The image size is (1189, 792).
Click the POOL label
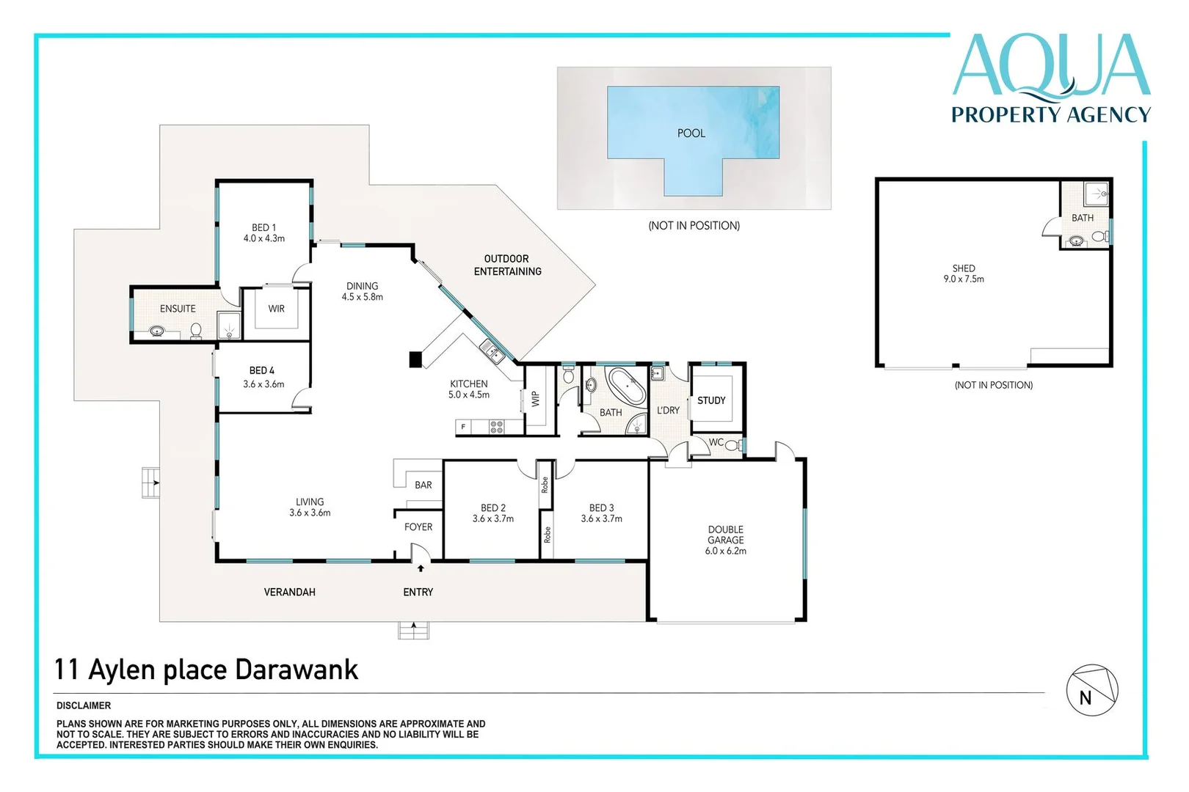click(x=691, y=133)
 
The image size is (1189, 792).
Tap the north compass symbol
click(x=1091, y=690)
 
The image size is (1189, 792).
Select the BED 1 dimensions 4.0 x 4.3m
click(x=264, y=238)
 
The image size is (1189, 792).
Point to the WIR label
click(x=276, y=309)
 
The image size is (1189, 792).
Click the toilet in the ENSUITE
click(x=196, y=332)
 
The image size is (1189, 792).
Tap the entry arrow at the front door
click(x=421, y=568)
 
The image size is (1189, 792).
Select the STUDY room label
click(x=710, y=400)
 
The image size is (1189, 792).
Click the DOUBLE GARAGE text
click(x=725, y=535)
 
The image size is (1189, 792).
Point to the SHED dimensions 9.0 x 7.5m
click(x=964, y=279)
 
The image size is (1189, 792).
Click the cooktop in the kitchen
click(x=496, y=427)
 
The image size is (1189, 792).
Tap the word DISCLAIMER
click(x=84, y=705)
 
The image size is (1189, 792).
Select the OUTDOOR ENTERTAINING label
click(x=507, y=265)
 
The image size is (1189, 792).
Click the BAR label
click(x=423, y=485)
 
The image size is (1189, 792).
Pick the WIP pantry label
click(x=535, y=398)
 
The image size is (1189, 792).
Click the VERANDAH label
click(x=289, y=592)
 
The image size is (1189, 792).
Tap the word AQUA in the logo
click(x=1051, y=66)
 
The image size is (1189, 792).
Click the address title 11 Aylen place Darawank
click(x=206, y=670)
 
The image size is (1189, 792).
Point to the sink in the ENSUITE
click(x=156, y=331)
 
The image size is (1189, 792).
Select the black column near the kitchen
click(x=415, y=359)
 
